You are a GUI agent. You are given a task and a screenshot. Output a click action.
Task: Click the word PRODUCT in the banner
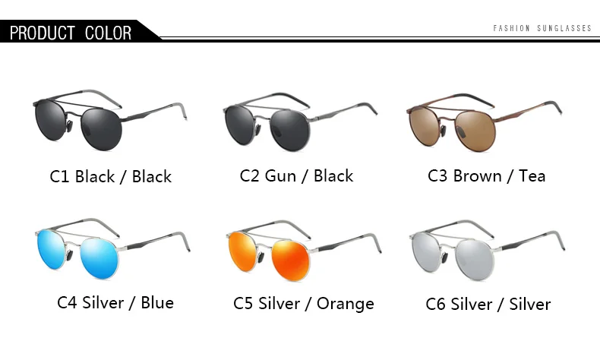pos(42,33)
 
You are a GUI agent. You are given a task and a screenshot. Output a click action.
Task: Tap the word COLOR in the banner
pos(109,33)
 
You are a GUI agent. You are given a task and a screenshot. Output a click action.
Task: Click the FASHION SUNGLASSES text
pos(542,28)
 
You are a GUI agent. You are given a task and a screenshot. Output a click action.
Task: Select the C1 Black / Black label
pos(111,177)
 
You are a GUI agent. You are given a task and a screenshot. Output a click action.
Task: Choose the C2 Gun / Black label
pos(296,176)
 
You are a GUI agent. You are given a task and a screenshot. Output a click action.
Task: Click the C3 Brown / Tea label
pos(486,176)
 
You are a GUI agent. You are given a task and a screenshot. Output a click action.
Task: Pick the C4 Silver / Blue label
pos(115,302)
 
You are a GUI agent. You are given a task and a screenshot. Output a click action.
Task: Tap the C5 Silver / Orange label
pos(304,304)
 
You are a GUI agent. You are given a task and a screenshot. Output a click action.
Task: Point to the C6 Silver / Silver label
pos(488,305)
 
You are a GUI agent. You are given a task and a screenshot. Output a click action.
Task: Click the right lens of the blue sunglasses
pos(99,258)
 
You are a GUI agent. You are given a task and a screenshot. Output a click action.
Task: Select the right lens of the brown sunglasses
pos(474,130)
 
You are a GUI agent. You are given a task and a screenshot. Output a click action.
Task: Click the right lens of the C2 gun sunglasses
pos(289,131)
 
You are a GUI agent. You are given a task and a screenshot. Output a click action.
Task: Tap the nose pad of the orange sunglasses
pos(261,257)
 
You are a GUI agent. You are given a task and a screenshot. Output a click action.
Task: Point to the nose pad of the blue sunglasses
pos(70,254)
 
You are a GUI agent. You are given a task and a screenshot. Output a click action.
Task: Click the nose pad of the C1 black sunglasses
pos(69,126)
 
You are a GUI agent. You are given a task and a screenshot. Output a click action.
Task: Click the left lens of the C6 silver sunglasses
pos(426,252)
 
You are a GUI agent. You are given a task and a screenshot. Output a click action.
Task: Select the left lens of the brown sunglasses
pos(424,125)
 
